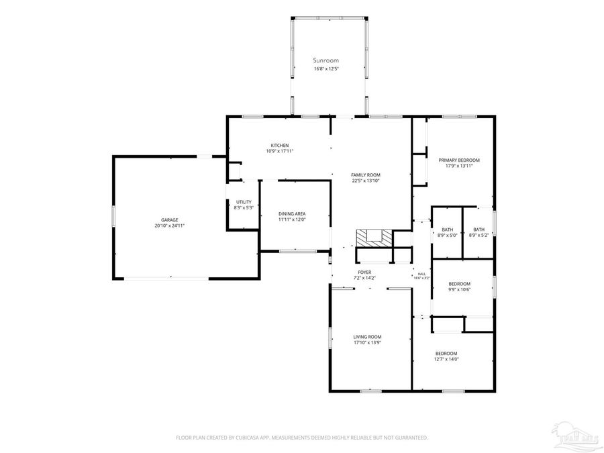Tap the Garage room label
coord(169,219)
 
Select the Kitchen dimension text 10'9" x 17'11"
coord(280,151)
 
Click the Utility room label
coord(243,202)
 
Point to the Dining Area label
coord(292,213)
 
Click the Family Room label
coord(366,174)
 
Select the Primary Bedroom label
coord(459,160)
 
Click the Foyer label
coord(364,272)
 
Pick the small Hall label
coord(421,274)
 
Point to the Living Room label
coord(367,337)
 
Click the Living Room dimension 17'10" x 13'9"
coord(367,343)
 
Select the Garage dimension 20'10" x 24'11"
coord(169,225)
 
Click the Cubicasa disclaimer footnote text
coord(302,438)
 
